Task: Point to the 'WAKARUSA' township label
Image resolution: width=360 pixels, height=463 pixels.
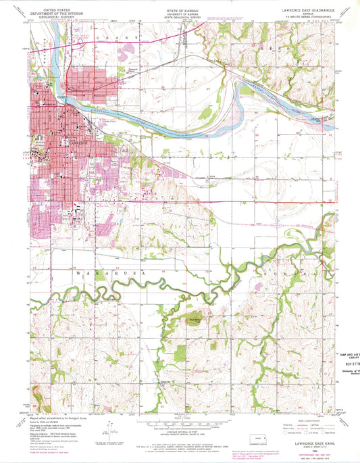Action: pos(92,272)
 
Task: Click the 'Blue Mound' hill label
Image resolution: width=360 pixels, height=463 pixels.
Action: pos(195,312)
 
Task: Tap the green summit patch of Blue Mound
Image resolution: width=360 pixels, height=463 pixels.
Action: pos(194,318)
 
